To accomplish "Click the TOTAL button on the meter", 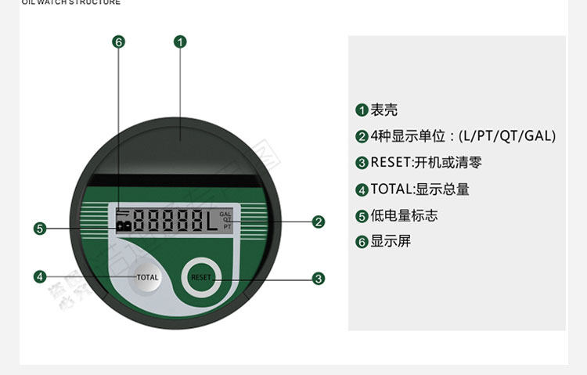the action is pos(147,277).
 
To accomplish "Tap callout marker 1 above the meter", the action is pos(180,41).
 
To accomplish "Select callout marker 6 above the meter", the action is pos(119,41).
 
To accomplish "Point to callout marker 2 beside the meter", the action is pos(319,222).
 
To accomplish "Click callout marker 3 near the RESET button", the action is pos(319,278).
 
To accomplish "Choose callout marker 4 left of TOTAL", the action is pos(41,276).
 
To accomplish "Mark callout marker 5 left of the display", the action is pos(41,229).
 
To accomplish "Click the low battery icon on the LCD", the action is pos(124,225).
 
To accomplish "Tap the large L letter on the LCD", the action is pos(211,222).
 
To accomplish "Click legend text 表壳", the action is pos(384,110).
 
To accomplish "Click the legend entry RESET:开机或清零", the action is pos(426,163).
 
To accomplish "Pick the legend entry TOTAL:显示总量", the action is pos(420,189).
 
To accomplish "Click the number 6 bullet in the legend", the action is pos(362,242).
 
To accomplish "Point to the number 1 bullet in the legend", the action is pos(362,110).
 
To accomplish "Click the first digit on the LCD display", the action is pos(141,222).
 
